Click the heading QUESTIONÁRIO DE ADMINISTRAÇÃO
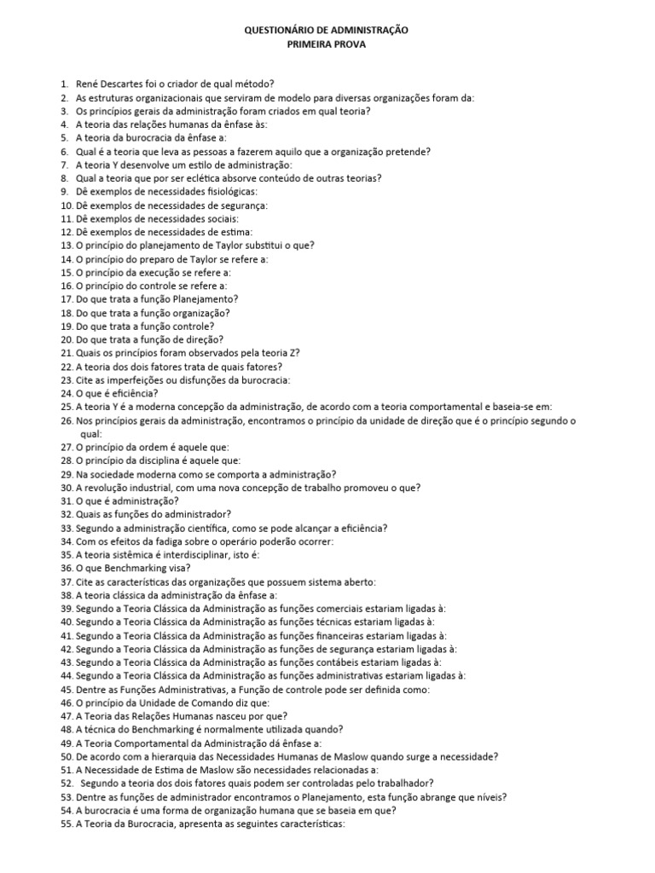click(327, 30)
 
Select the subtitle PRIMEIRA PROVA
click(327, 44)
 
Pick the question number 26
click(67, 420)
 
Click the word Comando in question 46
click(201, 702)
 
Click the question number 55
click(67, 824)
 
